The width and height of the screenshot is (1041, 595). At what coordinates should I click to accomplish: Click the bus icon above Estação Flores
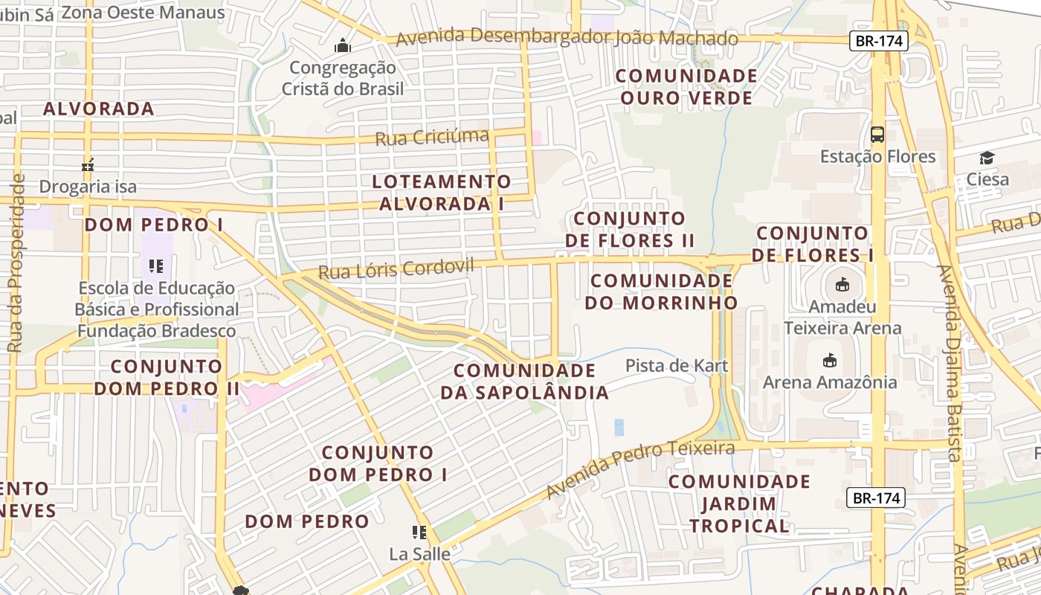pyautogui.click(x=877, y=135)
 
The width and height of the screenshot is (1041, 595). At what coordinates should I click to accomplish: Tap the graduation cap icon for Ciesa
pyautogui.click(x=987, y=158)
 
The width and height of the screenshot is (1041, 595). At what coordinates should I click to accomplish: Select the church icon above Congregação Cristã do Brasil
pyautogui.click(x=342, y=46)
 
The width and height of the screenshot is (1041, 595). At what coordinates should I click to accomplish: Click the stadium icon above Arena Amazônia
pyautogui.click(x=829, y=361)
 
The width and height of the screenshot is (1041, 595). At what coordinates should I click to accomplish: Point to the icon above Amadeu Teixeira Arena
pyautogui.click(x=842, y=284)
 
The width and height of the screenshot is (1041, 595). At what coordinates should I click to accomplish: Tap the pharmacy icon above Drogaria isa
pyautogui.click(x=88, y=165)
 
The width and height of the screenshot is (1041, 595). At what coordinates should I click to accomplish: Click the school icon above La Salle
pyautogui.click(x=419, y=533)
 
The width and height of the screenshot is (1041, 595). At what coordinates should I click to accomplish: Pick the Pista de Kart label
pyautogui.click(x=677, y=366)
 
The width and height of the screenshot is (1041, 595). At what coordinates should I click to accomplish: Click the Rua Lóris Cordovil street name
pyautogui.click(x=396, y=268)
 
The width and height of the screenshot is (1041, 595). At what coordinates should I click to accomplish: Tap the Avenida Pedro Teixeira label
pyautogui.click(x=640, y=468)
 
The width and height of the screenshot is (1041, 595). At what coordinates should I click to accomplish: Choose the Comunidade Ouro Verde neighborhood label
pyautogui.click(x=686, y=87)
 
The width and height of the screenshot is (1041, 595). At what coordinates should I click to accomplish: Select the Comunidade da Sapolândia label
pyautogui.click(x=524, y=381)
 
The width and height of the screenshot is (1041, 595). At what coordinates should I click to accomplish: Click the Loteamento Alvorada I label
pyautogui.click(x=442, y=193)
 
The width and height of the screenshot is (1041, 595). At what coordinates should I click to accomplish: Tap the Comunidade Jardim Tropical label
pyautogui.click(x=738, y=504)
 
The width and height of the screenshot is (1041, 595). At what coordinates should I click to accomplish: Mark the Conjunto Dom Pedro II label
pyautogui.click(x=166, y=377)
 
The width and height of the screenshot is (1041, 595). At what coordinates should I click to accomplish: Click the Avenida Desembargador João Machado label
pyautogui.click(x=567, y=37)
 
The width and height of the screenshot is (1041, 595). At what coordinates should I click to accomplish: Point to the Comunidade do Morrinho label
pyautogui.click(x=661, y=292)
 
